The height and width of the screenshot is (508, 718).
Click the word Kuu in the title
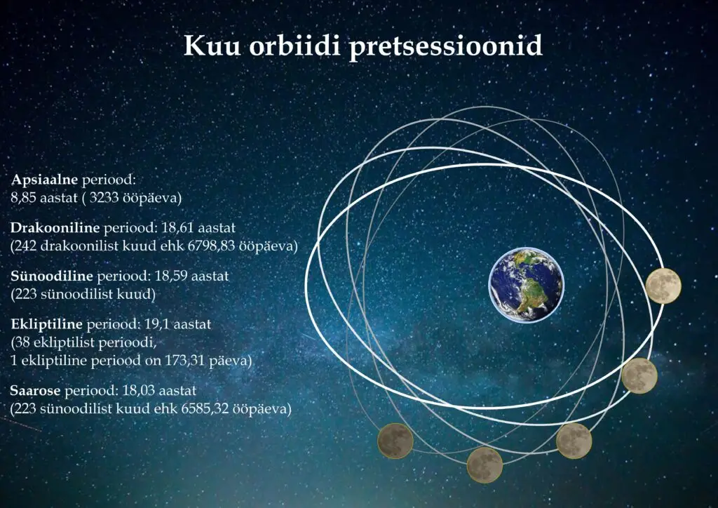click(212, 46)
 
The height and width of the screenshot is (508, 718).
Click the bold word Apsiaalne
click(44, 180)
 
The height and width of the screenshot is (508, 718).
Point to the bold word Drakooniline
click(55, 227)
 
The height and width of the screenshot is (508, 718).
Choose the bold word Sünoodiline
click(52, 276)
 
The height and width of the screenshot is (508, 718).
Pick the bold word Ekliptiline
click(47, 324)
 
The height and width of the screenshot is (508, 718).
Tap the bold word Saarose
click(35, 391)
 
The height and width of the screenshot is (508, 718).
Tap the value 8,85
click(23, 199)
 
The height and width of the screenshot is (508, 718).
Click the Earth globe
click(527, 284)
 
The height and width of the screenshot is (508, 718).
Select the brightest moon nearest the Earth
click(663, 286)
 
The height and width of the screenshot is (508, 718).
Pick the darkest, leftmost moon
click(395, 441)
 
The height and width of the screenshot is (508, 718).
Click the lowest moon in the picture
click(485, 465)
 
